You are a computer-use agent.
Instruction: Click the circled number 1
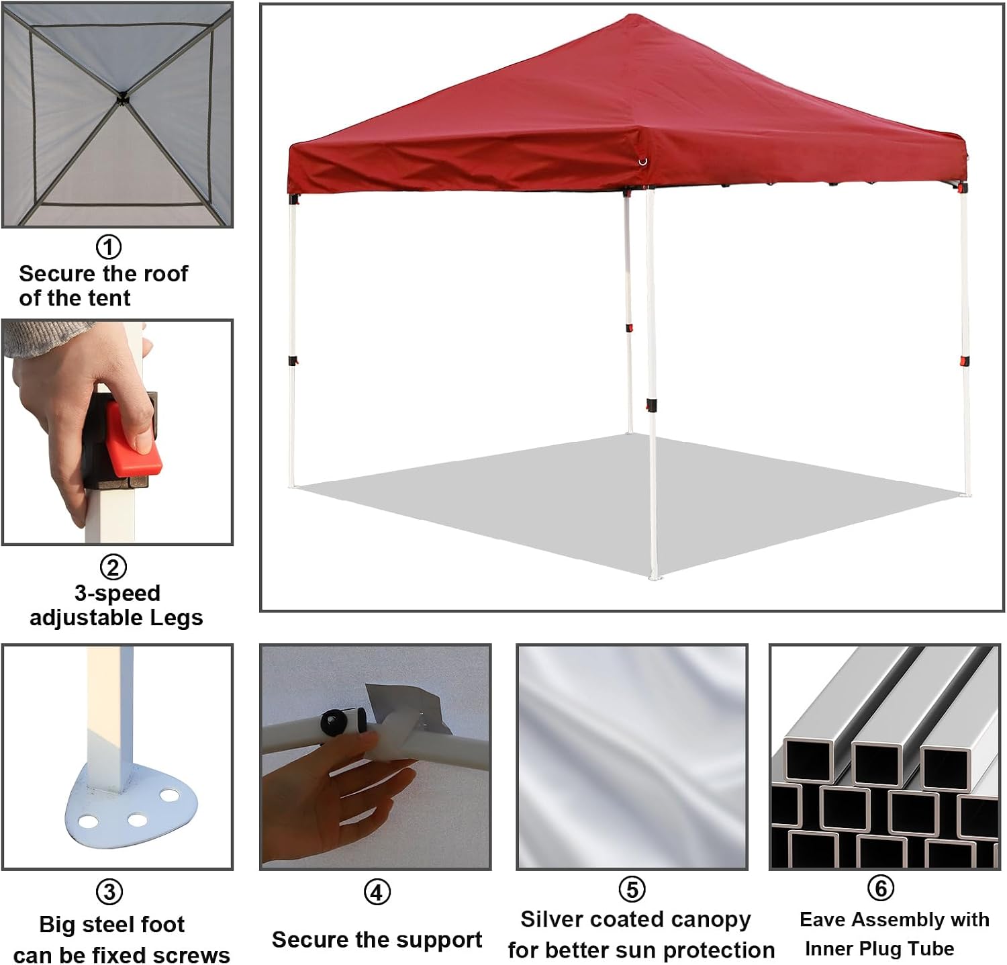point(109,247)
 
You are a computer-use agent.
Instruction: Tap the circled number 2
point(113,567)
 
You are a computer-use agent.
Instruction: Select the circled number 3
point(110,892)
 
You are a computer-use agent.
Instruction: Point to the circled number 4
point(377,892)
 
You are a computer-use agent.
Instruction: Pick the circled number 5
point(632,889)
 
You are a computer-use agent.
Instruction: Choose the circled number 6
point(881,888)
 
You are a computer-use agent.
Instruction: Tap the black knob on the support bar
point(335,723)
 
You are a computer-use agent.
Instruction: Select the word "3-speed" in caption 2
point(117,594)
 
